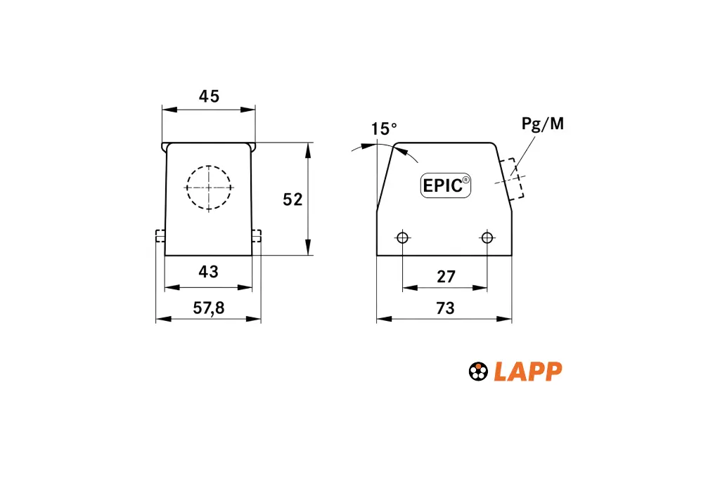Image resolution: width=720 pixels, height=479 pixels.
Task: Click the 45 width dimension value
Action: pos(209,96)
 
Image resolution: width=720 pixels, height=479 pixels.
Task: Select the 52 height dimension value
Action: pos(292,199)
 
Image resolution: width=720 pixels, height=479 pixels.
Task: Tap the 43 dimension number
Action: pos(208,272)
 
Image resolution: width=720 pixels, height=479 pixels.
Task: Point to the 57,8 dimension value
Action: pos(208,308)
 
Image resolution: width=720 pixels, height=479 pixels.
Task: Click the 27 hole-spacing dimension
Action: pos(446,277)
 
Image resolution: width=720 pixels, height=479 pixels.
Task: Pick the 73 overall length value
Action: pos(445,308)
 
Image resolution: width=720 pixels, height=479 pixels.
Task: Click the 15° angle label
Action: pos(384,129)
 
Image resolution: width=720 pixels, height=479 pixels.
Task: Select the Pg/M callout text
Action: pos(542,124)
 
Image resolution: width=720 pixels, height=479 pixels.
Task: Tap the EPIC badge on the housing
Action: pos(445,185)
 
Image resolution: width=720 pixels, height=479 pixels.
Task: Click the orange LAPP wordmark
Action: pos(528,372)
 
